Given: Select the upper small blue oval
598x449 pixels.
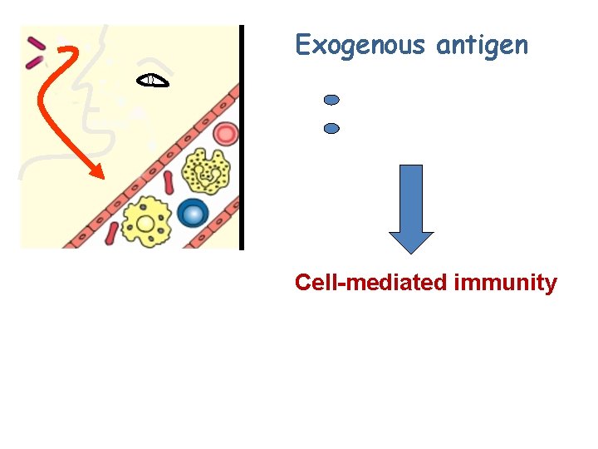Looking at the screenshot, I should [x=331, y=100].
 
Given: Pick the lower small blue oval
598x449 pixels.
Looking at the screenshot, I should [x=331, y=129].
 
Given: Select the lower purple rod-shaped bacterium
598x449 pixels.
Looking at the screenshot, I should [x=34, y=61].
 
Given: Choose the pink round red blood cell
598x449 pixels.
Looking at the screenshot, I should [x=225, y=133].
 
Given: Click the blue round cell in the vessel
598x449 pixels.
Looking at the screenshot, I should [x=193, y=214].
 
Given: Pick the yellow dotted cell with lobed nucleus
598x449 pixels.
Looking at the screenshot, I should [x=206, y=172].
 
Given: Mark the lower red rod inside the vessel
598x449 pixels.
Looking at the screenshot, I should [x=111, y=234].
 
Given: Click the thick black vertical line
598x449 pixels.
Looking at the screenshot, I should [x=242, y=137].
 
